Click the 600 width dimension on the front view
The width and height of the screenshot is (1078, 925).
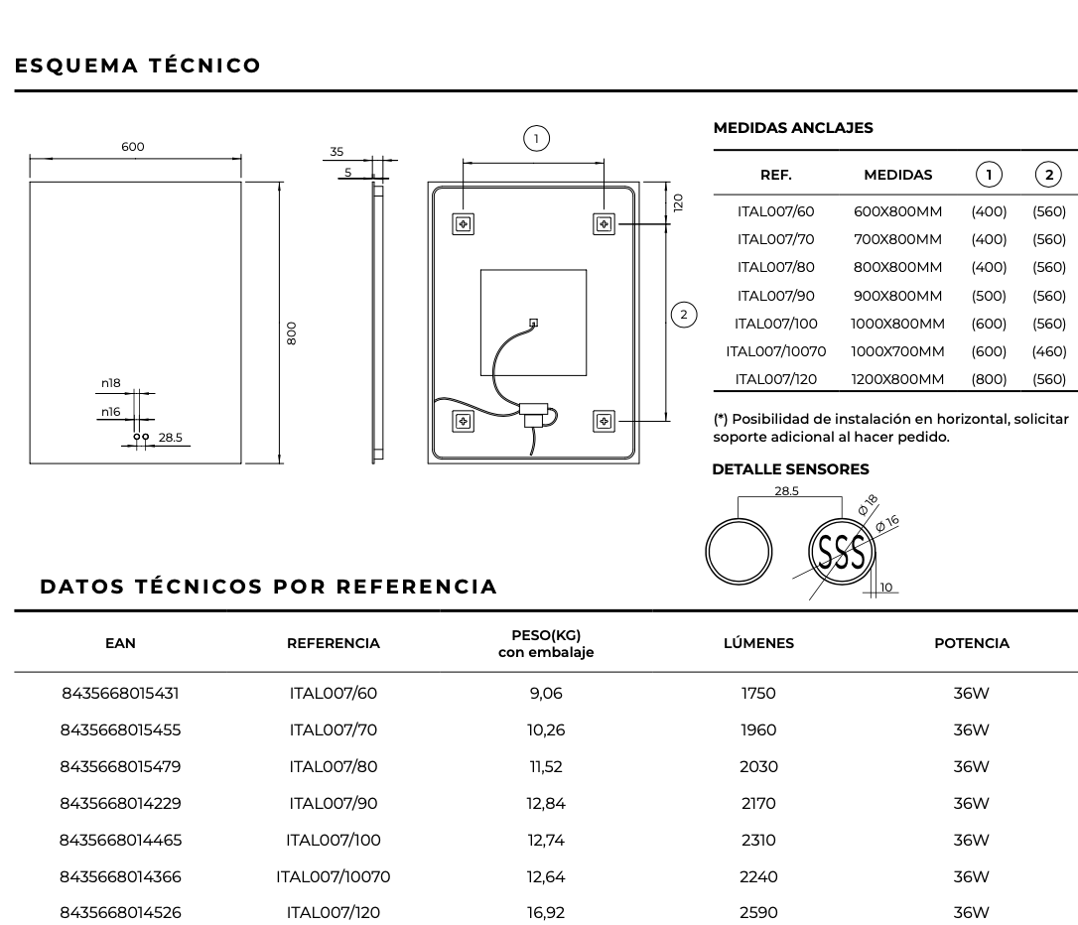133,147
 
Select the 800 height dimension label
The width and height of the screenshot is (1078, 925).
291,331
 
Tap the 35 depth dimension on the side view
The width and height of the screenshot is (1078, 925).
337,152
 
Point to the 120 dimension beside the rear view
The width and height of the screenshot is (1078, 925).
678,202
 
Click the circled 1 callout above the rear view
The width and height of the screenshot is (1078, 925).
536,138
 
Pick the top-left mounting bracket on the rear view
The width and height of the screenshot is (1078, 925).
463,223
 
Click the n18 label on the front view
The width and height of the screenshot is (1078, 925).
110,383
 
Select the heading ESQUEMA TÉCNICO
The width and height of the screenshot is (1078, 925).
138,66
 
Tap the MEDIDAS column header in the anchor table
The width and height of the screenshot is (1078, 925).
897,175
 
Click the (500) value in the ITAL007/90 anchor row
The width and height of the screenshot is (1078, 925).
989,296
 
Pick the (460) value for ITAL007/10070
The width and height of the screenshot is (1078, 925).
1049,351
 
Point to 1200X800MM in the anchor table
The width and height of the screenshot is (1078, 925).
897,379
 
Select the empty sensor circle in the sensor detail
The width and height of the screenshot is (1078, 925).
739,549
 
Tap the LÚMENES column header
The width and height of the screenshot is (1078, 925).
758,643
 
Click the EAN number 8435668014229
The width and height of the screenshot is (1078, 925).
121,804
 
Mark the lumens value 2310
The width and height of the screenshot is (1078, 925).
758,841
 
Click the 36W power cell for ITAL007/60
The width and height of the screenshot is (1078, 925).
971,694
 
